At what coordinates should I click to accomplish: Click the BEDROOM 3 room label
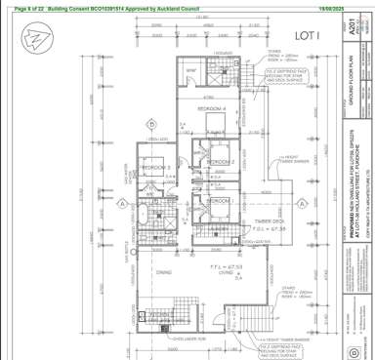tap(155, 168)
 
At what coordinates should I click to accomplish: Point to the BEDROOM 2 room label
tap(219, 160)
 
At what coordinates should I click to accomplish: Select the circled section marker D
tap(151, 124)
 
